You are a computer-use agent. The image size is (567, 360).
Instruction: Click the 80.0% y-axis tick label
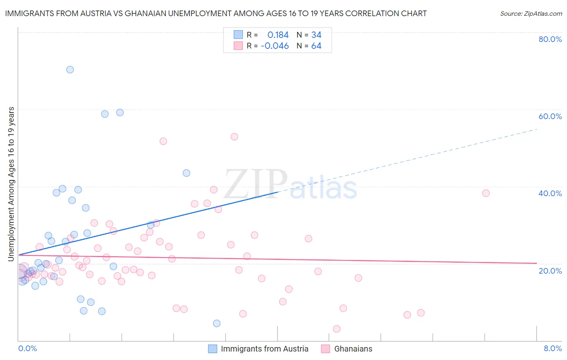pos(550,39)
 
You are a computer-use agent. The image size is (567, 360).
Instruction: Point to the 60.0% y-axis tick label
pos(550,116)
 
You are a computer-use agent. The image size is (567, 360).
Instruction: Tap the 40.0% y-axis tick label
pos(550,193)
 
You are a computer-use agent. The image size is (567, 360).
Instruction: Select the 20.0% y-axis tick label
pos(550,271)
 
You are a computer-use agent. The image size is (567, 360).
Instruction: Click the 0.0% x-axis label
pos(27,348)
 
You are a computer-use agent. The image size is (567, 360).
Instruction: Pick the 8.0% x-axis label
pos(552,348)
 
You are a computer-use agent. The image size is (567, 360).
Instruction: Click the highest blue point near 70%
pos(70,69)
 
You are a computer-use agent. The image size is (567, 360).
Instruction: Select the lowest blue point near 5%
pos(217,323)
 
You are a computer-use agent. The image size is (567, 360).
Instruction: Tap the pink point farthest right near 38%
pos(486,193)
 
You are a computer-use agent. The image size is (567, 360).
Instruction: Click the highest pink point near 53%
pos(234,137)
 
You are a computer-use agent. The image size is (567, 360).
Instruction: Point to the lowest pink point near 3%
pos(337,329)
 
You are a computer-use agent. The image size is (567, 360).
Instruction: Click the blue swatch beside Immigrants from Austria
pos(213,349)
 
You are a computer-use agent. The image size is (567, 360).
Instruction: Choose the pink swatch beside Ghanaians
pos(325,349)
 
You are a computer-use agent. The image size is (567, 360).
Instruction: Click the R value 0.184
pos(278,35)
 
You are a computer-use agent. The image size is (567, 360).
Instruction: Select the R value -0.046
pos(275,46)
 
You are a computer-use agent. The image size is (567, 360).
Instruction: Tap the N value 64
pos(316,46)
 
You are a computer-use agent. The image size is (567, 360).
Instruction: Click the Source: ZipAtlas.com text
pos(531,14)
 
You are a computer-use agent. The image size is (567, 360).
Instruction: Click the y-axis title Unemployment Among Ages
pos(11,184)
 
